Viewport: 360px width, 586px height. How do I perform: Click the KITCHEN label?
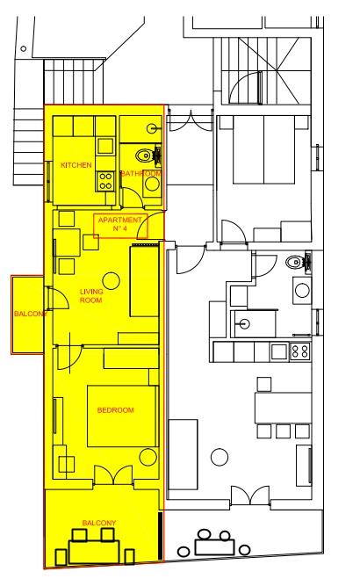point(76,165)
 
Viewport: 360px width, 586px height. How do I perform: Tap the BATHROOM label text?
point(141,173)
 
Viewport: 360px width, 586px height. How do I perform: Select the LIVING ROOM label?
point(91,295)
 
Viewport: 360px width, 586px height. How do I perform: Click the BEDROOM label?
point(115,410)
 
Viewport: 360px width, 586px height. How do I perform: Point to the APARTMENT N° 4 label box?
point(120,226)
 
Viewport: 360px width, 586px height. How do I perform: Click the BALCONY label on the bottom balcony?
point(99,523)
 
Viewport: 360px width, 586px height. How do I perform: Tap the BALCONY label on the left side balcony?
point(30,314)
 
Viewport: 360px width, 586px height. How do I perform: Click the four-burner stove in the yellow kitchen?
point(105,181)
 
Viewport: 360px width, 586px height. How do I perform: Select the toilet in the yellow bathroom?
point(144,156)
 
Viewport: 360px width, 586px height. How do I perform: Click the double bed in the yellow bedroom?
point(121,416)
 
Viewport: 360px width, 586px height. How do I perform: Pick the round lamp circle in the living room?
point(111,280)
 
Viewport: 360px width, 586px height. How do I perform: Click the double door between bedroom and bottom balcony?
point(113,474)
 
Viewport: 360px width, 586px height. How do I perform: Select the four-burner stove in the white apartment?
point(300,351)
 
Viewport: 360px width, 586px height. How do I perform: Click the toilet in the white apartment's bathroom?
point(295,262)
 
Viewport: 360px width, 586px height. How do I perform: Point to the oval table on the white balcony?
point(215,546)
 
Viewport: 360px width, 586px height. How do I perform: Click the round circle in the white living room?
point(220,457)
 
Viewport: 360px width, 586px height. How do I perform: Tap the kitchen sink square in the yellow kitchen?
point(105,146)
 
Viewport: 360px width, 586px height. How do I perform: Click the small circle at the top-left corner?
point(24,48)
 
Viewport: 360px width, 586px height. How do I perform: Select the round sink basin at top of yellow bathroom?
point(152,129)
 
